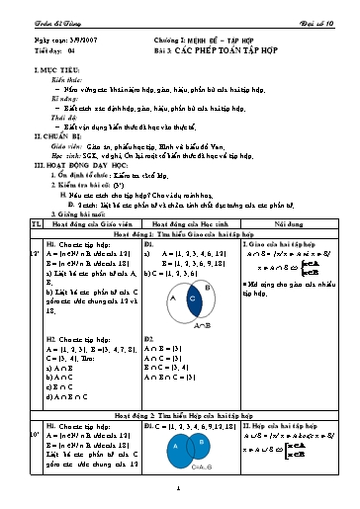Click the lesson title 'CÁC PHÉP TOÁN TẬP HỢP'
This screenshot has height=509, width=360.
point(232,47)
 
